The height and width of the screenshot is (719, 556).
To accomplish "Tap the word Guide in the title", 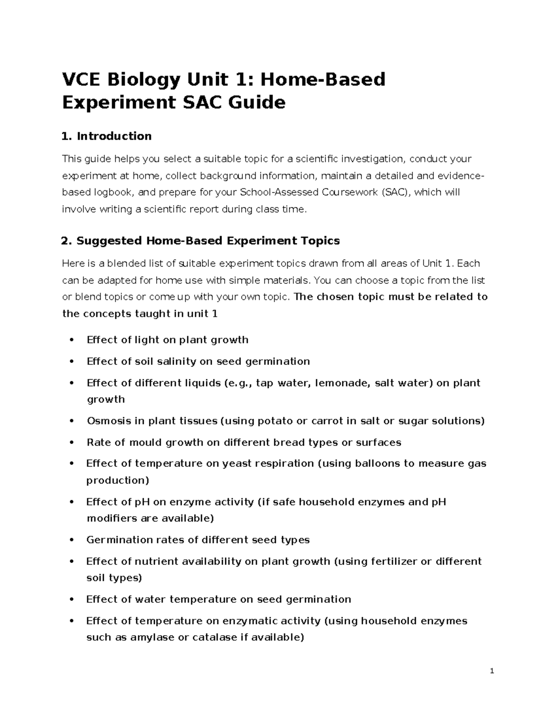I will point(259,102).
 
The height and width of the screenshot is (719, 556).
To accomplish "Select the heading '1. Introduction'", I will point(107,136).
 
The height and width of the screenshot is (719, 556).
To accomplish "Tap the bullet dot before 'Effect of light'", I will point(71,340).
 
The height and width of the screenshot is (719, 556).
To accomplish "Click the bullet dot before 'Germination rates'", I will point(71,540).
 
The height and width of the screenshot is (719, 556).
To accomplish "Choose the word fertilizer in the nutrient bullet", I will point(387,562).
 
